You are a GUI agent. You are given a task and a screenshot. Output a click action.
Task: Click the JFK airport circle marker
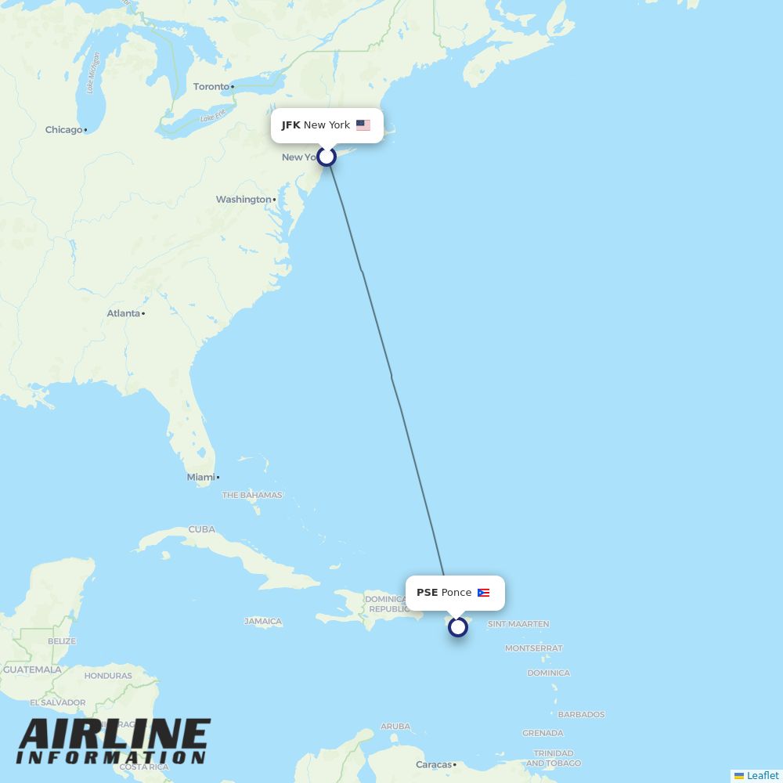click(x=327, y=157)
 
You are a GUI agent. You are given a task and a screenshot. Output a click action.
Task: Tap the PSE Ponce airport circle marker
click(x=458, y=626)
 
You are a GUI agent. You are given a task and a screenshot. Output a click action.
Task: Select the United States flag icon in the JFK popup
click(x=363, y=125)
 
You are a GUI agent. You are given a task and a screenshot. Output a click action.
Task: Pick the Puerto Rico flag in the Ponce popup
click(x=484, y=593)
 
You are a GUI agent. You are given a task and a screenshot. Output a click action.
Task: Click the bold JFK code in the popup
click(x=291, y=125)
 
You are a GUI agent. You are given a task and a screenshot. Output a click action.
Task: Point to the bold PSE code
click(x=427, y=593)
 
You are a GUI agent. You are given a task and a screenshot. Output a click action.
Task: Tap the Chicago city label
click(x=63, y=130)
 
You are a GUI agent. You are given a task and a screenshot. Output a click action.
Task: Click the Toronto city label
click(x=211, y=87)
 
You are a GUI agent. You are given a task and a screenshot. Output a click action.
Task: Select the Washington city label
click(x=244, y=200)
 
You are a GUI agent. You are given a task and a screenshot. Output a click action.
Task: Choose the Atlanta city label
click(x=124, y=313)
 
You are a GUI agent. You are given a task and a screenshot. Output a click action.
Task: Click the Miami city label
click(x=200, y=477)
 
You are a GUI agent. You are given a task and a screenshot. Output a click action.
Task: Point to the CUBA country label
click(x=201, y=529)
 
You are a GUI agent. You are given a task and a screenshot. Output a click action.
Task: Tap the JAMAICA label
click(x=263, y=622)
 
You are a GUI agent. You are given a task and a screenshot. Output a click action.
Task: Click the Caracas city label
click(x=433, y=764)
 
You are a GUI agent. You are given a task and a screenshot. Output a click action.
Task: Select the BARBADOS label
click(x=581, y=714)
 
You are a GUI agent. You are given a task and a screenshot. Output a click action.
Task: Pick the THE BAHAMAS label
click(x=252, y=495)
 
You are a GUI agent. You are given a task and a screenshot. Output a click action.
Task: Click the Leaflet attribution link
click(x=762, y=775)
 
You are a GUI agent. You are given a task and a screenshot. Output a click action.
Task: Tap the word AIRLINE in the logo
click(x=114, y=735)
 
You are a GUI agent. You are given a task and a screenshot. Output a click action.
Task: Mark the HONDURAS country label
click(x=108, y=676)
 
